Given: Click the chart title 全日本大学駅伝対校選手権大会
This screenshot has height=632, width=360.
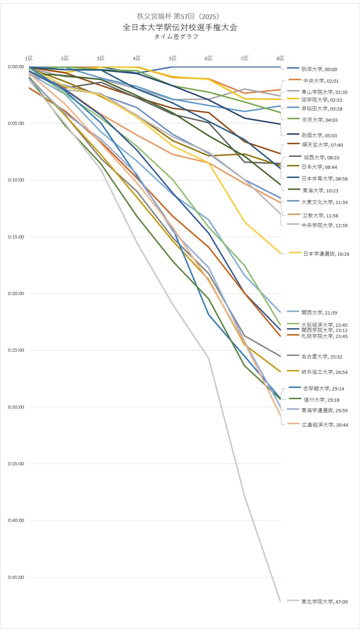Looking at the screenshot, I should pyautogui.click(x=180, y=27).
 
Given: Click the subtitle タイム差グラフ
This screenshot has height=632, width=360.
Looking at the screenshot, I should pyautogui.click(x=176, y=37).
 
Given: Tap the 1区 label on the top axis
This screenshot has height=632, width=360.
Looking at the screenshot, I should pyautogui.click(x=29, y=58).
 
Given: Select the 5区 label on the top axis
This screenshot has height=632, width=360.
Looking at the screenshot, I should pyautogui.click(x=172, y=58).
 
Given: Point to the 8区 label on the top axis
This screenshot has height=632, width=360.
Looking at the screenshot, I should pyautogui.click(x=280, y=58).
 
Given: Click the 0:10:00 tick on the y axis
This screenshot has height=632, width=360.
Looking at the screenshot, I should pyautogui.click(x=16, y=180).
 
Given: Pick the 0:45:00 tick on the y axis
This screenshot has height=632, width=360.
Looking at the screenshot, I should pyautogui.click(x=16, y=577).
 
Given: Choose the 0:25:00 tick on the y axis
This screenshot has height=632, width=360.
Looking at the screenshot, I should pyautogui.click(x=16, y=350).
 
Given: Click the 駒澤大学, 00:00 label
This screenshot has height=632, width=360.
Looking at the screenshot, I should pyautogui.click(x=319, y=70).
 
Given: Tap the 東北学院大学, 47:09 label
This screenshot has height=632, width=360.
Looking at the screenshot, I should pyautogui.click(x=324, y=602).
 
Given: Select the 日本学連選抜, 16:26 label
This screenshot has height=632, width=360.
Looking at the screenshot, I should pyautogui.click(x=326, y=254).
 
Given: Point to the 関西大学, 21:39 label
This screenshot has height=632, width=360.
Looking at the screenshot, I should pyautogui.click(x=319, y=313).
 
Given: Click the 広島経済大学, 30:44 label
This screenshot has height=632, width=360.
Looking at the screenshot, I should pyautogui.click(x=325, y=425).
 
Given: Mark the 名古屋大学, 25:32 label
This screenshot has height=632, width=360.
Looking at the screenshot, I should pyautogui.click(x=322, y=357).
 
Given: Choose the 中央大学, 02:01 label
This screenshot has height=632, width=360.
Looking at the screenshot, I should pyautogui.click(x=321, y=81).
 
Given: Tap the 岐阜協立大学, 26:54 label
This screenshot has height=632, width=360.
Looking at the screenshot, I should pyautogui.click(x=324, y=372).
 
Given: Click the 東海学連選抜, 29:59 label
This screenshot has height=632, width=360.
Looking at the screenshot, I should pyautogui.click(x=324, y=410).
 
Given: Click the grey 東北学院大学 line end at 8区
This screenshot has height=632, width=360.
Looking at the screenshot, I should pyautogui.click(x=280, y=602).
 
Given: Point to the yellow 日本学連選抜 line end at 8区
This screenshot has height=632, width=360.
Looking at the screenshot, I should pyautogui.click(x=280, y=253).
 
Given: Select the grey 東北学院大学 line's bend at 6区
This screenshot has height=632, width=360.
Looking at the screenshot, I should pyautogui.click(x=209, y=358).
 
